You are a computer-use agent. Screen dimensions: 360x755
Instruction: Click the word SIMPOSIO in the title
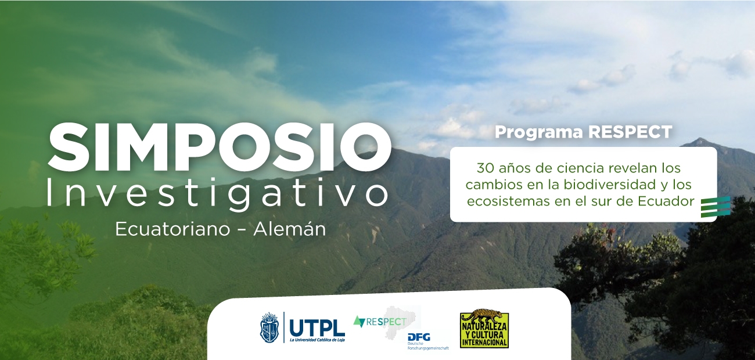tap(220, 144)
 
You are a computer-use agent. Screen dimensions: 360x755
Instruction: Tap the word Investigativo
tap(217, 192)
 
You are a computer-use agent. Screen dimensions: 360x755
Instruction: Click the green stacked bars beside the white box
tap(715, 207)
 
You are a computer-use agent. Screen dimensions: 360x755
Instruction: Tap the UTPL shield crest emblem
tap(269, 327)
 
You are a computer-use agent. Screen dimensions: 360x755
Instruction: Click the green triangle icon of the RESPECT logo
tap(359, 321)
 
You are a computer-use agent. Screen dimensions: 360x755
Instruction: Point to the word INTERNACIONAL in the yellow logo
tap(484, 343)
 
